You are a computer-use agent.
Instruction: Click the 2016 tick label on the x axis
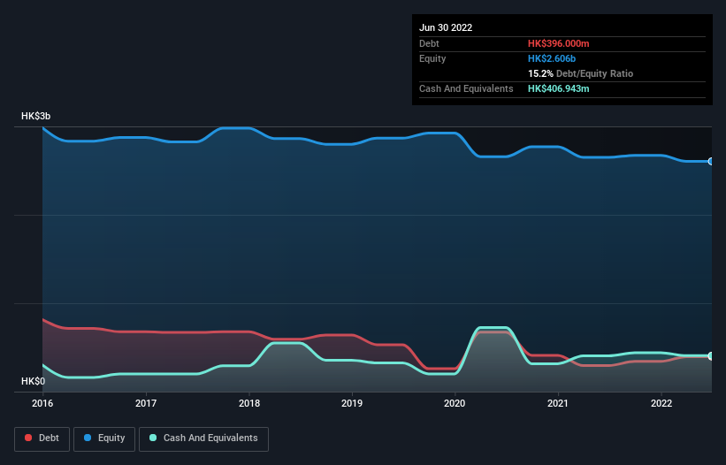click(x=42, y=403)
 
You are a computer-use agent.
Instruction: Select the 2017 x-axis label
click(x=146, y=403)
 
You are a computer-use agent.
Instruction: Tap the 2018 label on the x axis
click(x=249, y=403)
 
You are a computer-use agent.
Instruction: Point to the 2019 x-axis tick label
click(x=352, y=403)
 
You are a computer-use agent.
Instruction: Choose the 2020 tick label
click(x=455, y=403)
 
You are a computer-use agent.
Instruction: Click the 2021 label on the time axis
click(x=558, y=403)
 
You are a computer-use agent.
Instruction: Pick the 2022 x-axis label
click(x=661, y=403)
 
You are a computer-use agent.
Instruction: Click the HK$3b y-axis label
click(x=37, y=117)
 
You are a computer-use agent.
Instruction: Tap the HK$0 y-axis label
click(x=34, y=381)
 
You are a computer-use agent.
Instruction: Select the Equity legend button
click(x=104, y=438)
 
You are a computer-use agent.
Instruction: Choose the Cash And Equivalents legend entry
click(x=203, y=438)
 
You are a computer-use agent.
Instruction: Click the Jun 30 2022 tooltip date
click(x=446, y=27)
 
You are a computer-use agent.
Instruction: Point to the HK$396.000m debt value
click(x=559, y=43)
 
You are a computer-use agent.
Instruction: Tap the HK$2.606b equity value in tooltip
click(x=553, y=58)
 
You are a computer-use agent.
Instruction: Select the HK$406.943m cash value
click(x=559, y=88)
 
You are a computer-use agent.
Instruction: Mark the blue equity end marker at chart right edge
click(x=711, y=162)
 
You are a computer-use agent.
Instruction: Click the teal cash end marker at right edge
click(x=711, y=356)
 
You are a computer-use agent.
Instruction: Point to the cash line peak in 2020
click(x=492, y=328)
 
